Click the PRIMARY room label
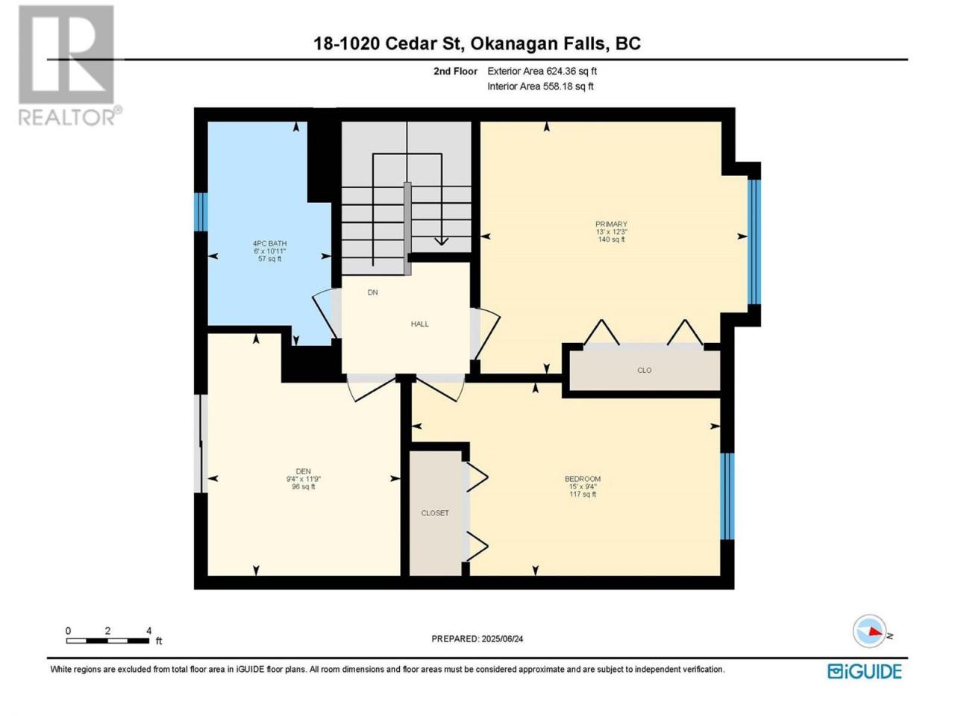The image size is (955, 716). coord(611,224)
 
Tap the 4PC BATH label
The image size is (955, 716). coord(270,243)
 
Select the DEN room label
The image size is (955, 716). coord(303,471)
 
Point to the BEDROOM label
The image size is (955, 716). coord(583,479)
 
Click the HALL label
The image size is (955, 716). coord(420,324)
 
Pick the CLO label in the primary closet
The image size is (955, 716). coord(645,371)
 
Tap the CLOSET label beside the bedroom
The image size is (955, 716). coord(435,513)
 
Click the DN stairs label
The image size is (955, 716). coord(373,292)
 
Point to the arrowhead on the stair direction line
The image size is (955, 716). coord(442,241)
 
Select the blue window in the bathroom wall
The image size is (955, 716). coord(201,212)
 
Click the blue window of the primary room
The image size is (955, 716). coord(754,242)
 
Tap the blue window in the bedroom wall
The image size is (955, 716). coord(727,497)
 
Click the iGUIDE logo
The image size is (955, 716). coord(865,671)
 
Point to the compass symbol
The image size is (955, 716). coord(869,631)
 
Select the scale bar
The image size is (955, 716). coord(108,641)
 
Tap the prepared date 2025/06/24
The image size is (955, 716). coord(502,638)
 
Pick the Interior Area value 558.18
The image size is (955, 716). coord(556,86)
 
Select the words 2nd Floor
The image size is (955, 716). coord(455,71)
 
